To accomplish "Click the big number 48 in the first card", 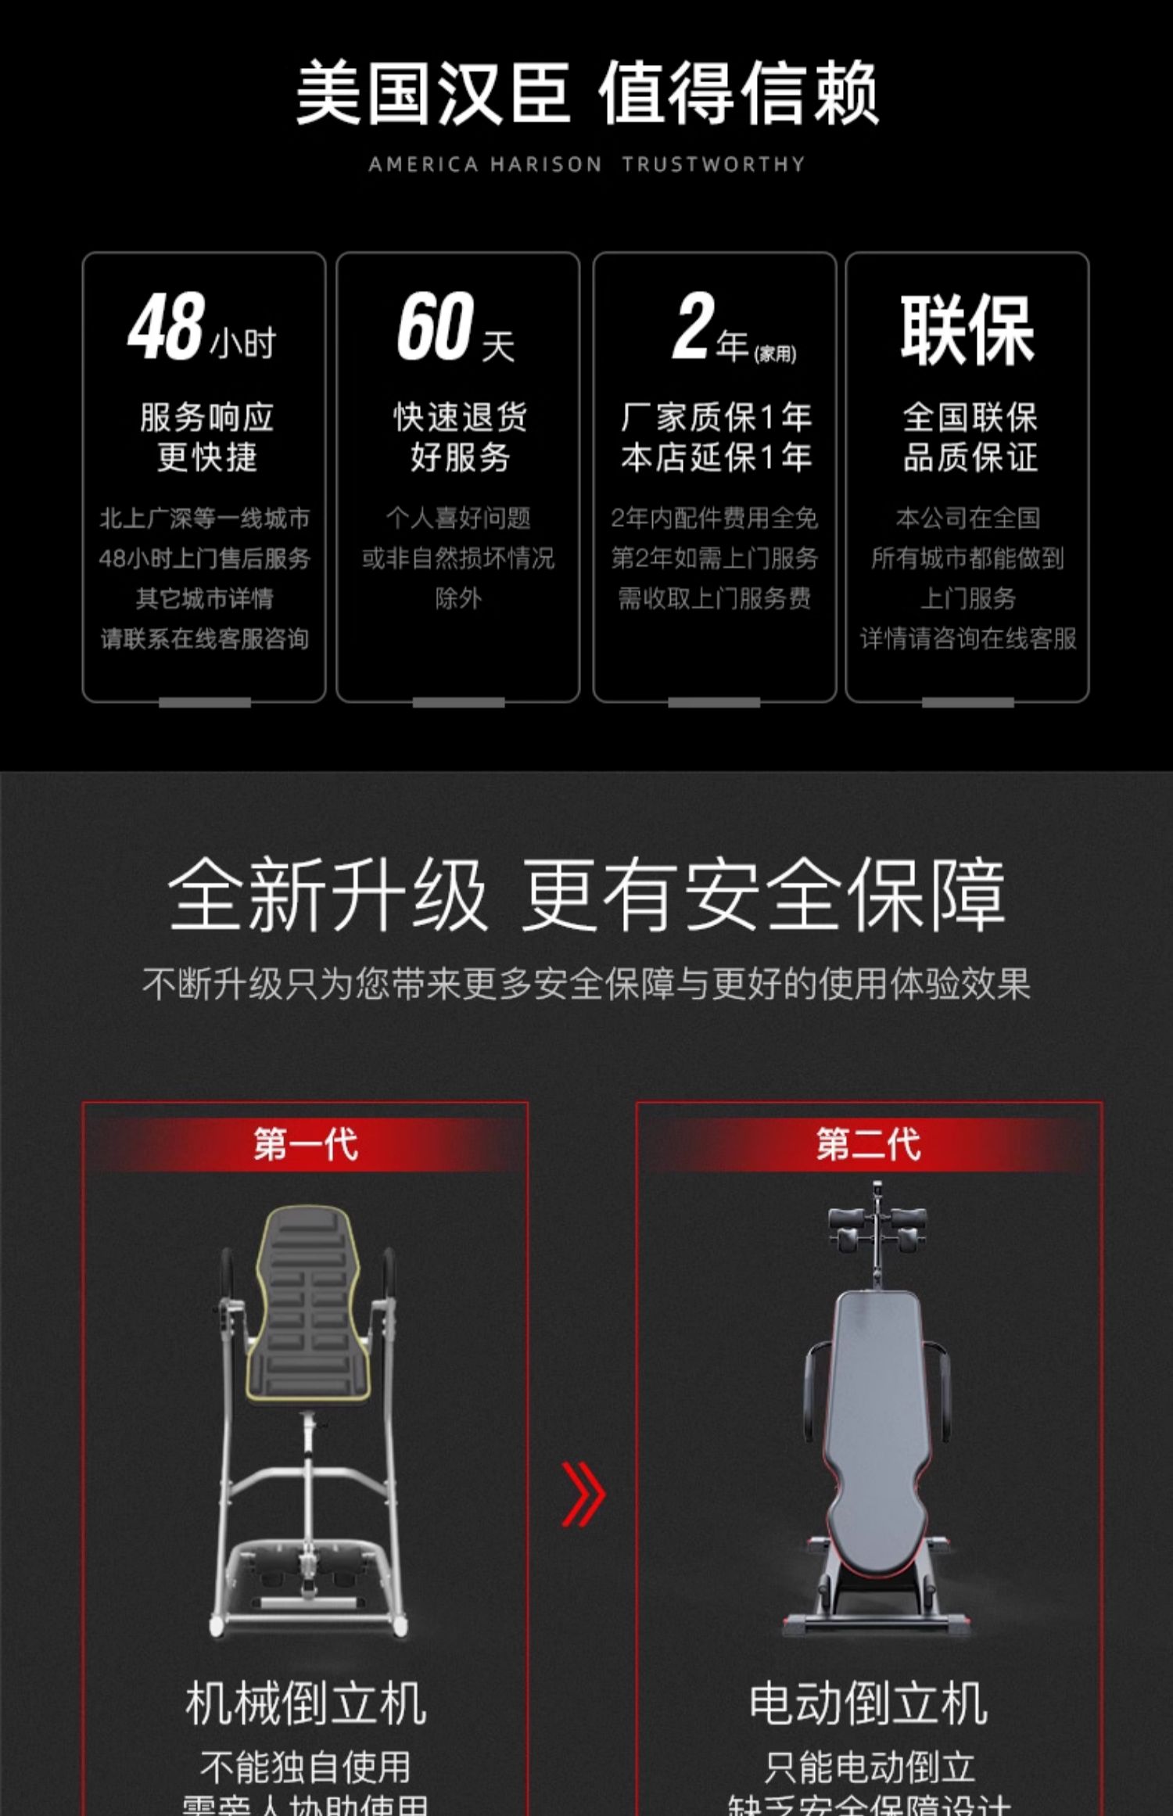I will tap(167, 326).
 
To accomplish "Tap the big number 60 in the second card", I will tap(436, 326).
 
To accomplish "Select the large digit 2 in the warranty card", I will tap(694, 326).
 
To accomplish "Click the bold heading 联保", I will tap(967, 330).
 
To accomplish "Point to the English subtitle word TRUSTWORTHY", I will tap(713, 164).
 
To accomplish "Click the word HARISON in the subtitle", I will tap(546, 164).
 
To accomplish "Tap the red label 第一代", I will tap(306, 1144).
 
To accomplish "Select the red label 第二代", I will tap(869, 1144).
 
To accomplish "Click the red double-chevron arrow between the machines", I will tap(583, 1494).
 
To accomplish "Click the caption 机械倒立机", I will tap(306, 1703).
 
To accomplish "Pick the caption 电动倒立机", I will tap(869, 1703).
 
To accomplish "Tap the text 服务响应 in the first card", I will tap(206, 417).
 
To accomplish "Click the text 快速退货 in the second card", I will tap(460, 417).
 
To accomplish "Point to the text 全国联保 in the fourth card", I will tap(970, 417).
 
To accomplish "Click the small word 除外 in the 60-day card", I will tap(458, 598).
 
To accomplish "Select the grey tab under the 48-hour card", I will tap(204, 702).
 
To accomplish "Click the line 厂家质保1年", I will tap(716, 417).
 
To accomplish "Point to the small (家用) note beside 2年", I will tap(775, 354).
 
